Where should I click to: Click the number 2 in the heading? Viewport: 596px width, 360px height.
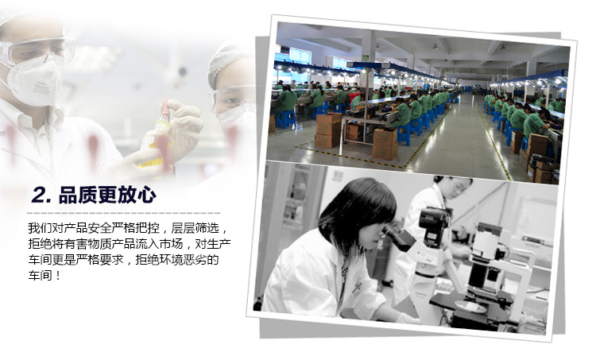point(39,195)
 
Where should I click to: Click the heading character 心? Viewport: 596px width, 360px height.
point(146,195)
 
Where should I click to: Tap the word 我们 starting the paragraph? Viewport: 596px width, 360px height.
point(40,228)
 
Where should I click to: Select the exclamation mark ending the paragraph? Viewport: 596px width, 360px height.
point(58,276)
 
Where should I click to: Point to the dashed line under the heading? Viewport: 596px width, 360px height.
point(123,213)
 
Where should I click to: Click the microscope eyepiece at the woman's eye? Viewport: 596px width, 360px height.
point(398,237)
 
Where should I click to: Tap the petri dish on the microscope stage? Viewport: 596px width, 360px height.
point(470,307)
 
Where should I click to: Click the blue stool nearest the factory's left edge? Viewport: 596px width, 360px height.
point(286,119)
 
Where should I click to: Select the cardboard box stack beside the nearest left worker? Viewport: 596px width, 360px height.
point(328,130)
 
